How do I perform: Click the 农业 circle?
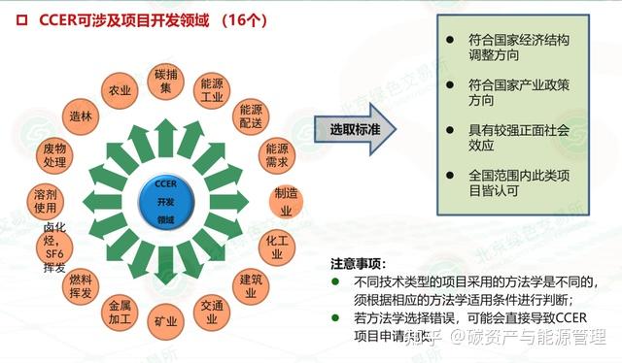point(121,90)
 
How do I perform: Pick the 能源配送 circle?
point(251,115)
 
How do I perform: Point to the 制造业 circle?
point(287,201)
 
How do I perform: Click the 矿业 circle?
point(160,319)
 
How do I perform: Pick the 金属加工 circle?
point(121,311)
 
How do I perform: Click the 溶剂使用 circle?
point(47,201)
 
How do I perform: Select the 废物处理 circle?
point(55,155)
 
